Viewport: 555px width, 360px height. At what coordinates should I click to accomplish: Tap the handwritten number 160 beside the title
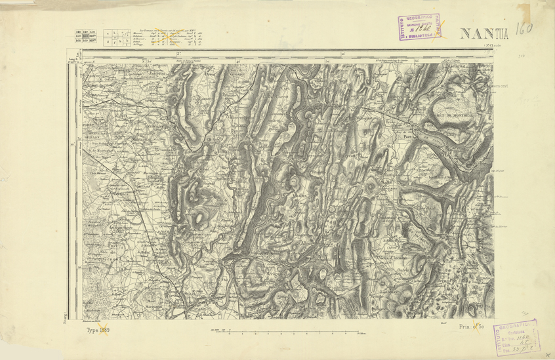(524, 29)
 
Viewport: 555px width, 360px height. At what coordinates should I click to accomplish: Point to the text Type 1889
(97, 330)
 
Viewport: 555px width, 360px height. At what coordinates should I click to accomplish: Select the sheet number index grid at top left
(86, 37)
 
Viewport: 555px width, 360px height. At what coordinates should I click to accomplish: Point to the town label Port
(407, 138)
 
